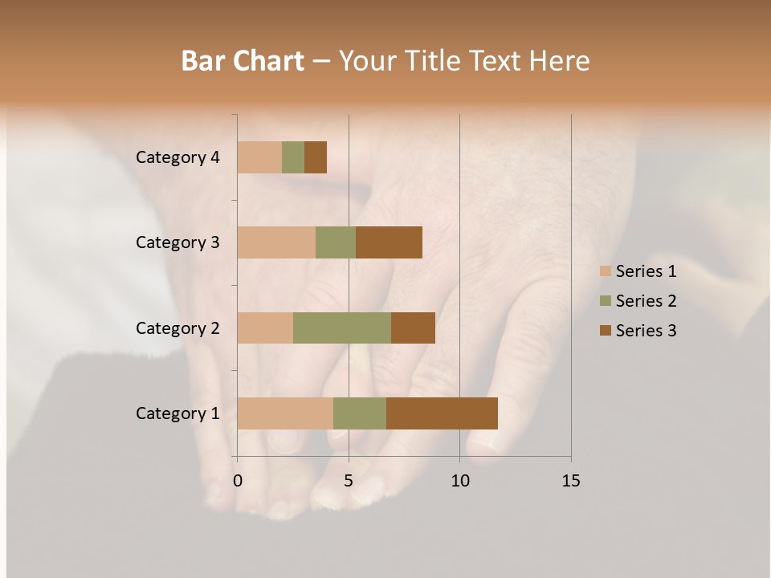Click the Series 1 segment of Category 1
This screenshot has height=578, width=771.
click(x=285, y=413)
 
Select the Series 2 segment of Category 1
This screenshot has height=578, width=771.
click(x=360, y=413)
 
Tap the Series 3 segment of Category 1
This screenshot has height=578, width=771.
click(x=442, y=413)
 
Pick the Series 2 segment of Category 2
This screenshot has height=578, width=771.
click(x=342, y=328)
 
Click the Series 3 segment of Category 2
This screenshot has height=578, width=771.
click(x=413, y=328)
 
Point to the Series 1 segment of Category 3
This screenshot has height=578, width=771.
click(x=276, y=242)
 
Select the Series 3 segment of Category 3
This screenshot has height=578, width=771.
click(x=389, y=242)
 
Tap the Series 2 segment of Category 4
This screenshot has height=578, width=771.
click(x=293, y=157)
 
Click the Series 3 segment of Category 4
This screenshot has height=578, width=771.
click(x=316, y=157)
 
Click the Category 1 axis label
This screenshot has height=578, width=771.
click(x=177, y=413)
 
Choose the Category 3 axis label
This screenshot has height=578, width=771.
click(x=177, y=242)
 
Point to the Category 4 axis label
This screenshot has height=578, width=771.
click(x=177, y=157)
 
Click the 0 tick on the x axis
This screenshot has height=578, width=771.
click(x=238, y=481)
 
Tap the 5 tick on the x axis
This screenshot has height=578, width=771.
click(x=349, y=481)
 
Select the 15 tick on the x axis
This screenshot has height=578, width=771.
click(x=571, y=481)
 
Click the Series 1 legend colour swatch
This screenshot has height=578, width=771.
click(x=606, y=271)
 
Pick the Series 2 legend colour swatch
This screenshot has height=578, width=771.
click(x=606, y=301)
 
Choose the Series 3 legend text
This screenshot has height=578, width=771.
click(x=646, y=331)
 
